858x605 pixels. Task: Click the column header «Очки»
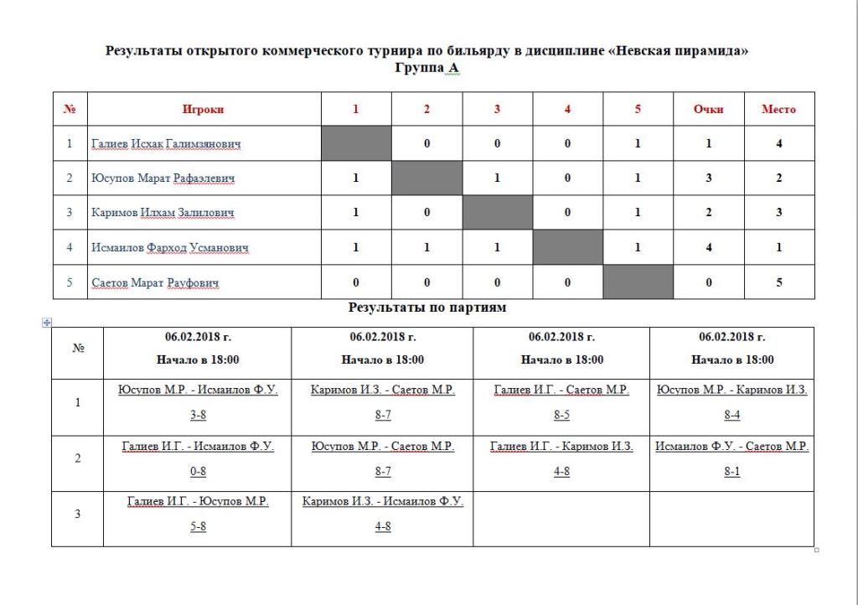point(708,109)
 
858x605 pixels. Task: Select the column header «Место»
point(778,109)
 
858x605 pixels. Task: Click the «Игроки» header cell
point(204,109)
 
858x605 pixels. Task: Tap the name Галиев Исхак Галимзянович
point(166,144)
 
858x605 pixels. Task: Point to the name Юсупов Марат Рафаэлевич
point(163,178)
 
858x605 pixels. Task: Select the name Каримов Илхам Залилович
point(163,213)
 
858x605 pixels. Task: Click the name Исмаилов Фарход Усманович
point(170,248)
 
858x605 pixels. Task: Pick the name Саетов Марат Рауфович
point(155,283)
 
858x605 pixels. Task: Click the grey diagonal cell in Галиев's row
point(356,143)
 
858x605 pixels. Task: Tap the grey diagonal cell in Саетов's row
point(638,282)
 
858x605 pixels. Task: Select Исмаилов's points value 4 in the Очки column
point(709,248)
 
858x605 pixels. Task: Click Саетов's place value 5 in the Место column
point(779,283)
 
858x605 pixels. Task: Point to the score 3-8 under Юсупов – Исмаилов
point(198,416)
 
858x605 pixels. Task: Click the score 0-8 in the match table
point(198,472)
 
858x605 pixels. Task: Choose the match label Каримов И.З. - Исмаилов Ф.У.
point(383,502)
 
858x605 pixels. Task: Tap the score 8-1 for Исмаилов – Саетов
point(731,472)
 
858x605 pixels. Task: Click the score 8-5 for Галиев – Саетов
point(561,416)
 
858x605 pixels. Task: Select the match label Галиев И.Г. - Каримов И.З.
point(561,447)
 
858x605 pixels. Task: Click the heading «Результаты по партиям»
point(427,308)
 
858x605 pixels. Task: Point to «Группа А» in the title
point(427,68)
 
